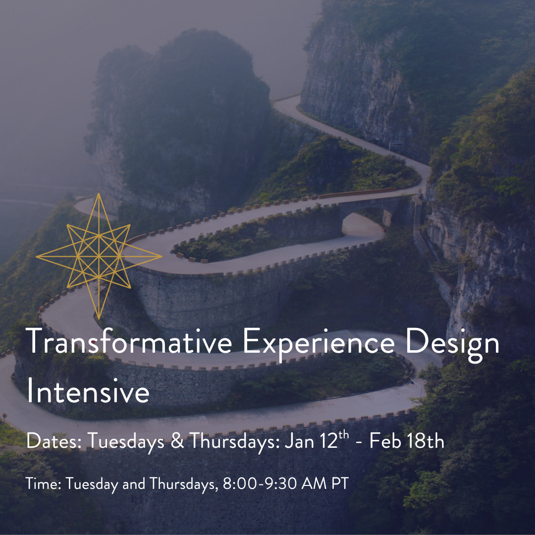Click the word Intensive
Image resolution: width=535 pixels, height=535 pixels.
(x=88, y=392)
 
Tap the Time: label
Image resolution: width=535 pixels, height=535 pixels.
(x=43, y=484)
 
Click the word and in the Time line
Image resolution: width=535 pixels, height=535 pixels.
(x=133, y=484)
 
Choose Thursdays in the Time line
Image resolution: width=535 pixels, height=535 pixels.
(x=183, y=484)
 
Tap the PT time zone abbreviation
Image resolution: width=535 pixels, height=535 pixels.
(x=340, y=484)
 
